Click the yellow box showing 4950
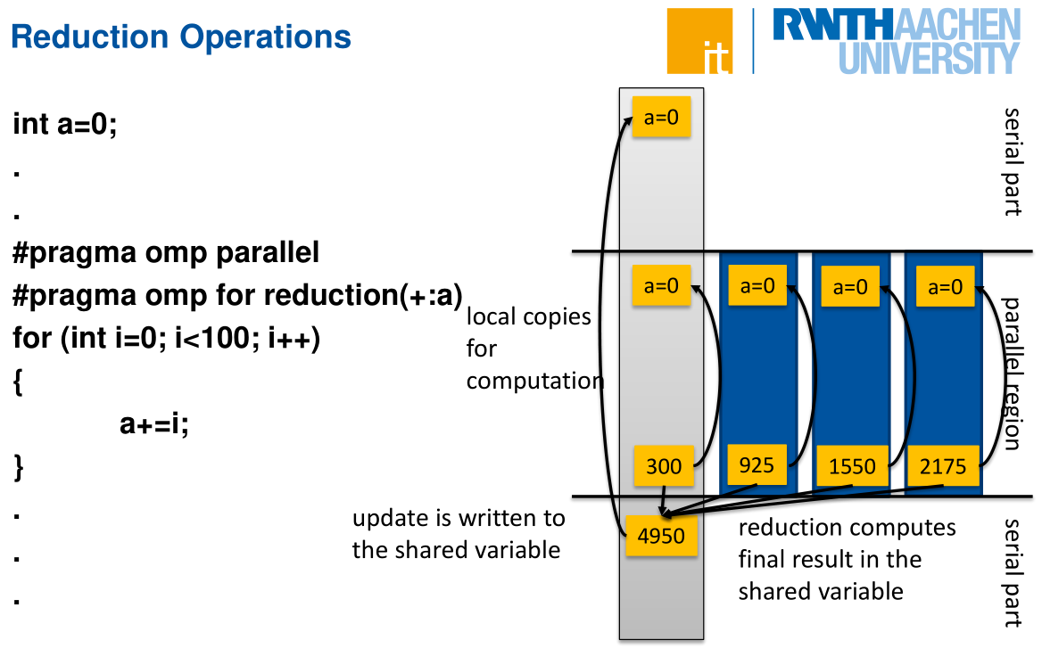pyautogui.click(x=661, y=536)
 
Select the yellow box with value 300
pyautogui.click(x=664, y=464)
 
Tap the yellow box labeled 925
pyautogui.click(x=757, y=464)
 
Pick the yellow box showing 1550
pyautogui.click(x=852, y=465)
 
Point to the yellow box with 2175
pyautogui.click(x=943, y=465)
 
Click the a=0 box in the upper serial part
pyautogui.click(x=661, y=116)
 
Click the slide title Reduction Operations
pyautogui.click(x=181, y=37)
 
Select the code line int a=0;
pyautogui.click(x=65, y=123)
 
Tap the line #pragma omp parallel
pyautogui.click(x=166, y=253)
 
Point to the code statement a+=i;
pyautogui.click(x=154, y=425)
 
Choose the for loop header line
pyautogui.click(x=166, y=340)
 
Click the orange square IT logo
pyautogui.click(x=699, y=41)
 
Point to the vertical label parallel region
pyautogui.click(x=1012, y=374)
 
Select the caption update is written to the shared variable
pyautogui.click(x=458, y=534)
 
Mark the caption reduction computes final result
pyautogui.click(x=846, y=559)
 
